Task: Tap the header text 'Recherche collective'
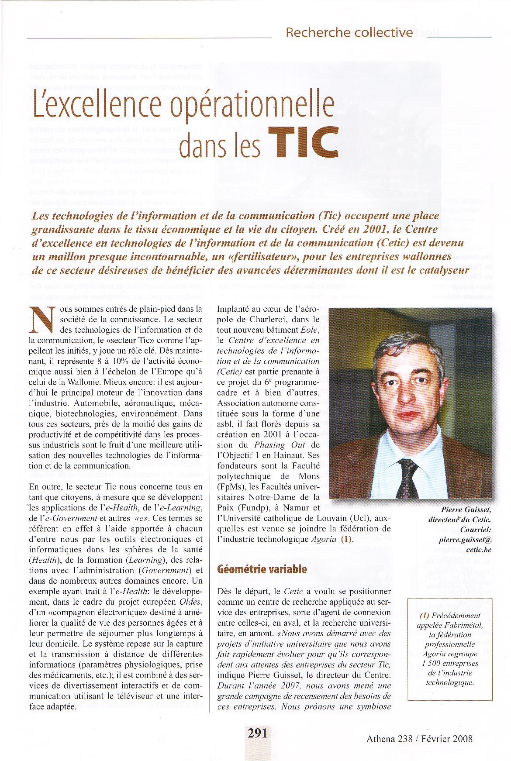pyautogui.click(x=349, y=32)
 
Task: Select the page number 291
pyautogui.click(x=257, y=733)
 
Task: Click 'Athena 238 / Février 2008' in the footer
pyautogui.click(x=419, y=739)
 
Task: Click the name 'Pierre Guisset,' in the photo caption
pyautogui.click(x=466, y=510)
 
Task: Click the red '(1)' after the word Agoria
pyautogui.click(x=346, y=539)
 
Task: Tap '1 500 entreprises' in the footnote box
pyautogui.click(x=452, y=663)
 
